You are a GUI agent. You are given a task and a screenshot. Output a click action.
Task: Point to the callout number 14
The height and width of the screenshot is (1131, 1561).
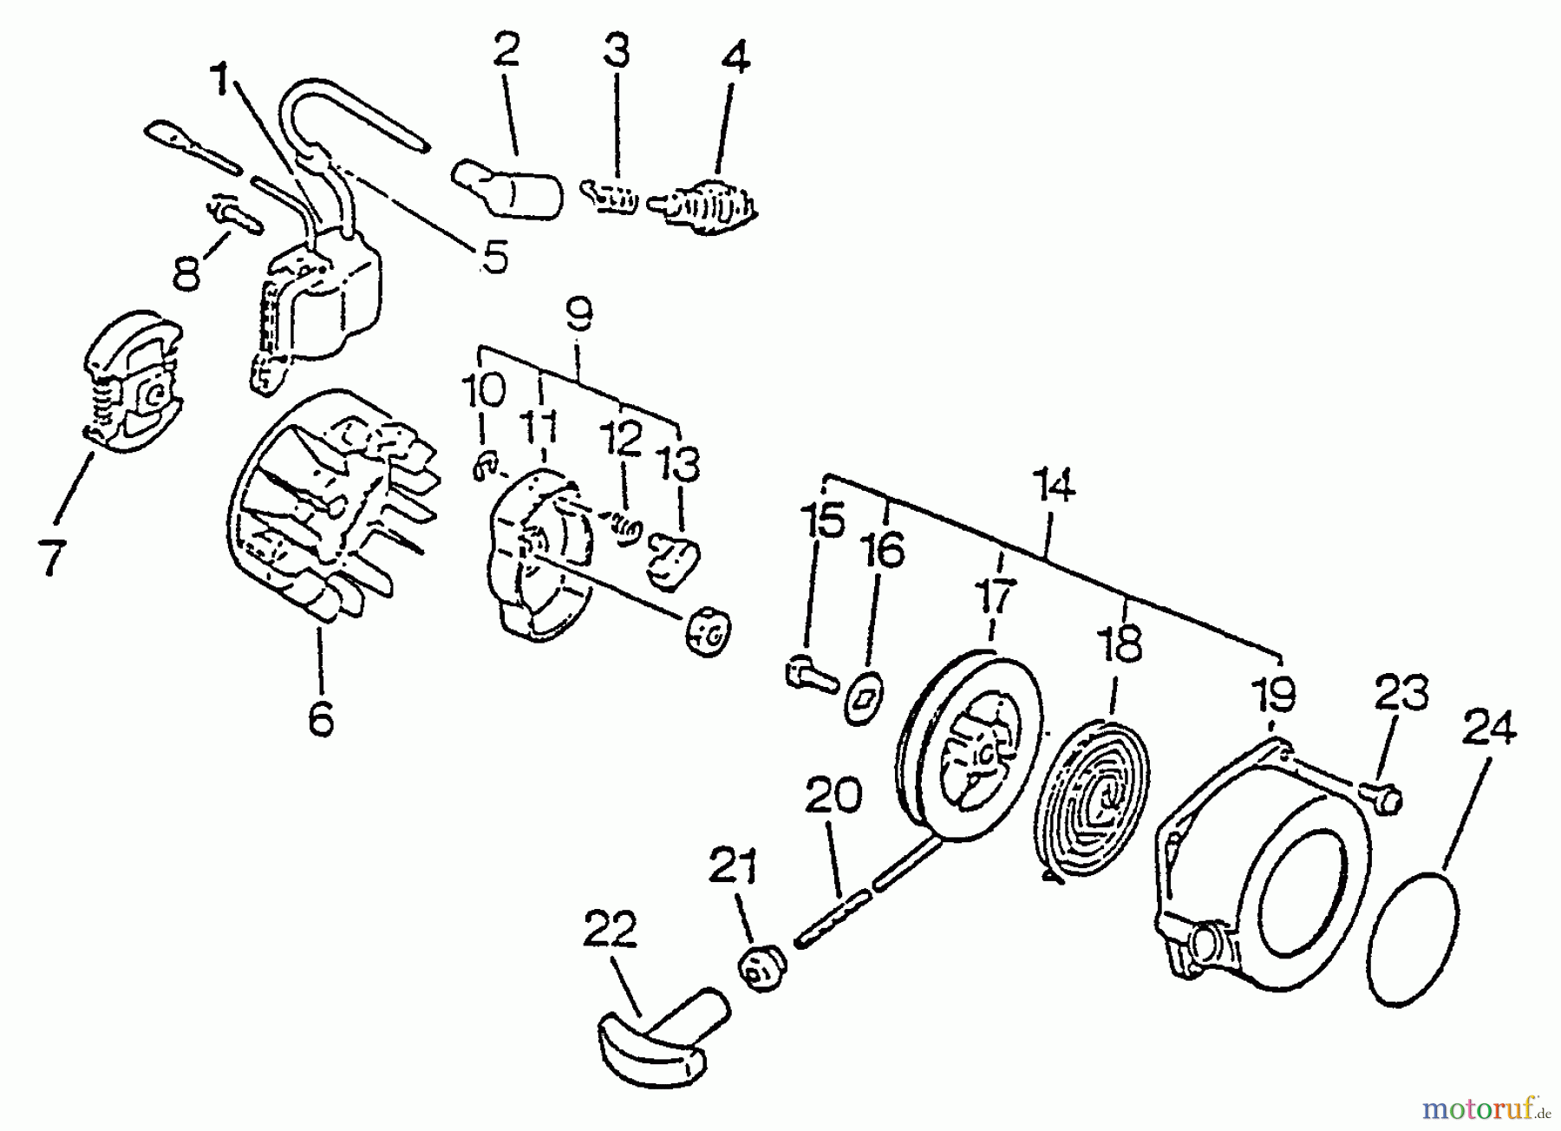coord(1054,487)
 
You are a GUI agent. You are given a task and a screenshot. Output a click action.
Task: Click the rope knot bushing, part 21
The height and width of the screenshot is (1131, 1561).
coord(761,968)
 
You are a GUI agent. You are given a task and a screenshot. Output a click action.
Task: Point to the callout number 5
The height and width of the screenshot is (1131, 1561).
coord(494,258)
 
